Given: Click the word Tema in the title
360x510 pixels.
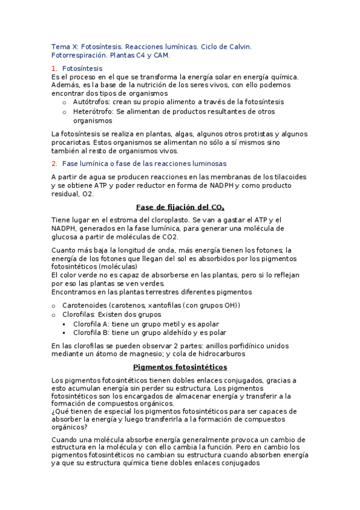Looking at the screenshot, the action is click(x=61, y=46).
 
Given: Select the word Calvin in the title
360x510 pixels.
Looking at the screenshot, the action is click(x=239, y=46).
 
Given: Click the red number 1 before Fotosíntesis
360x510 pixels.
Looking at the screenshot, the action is click(x=54, y=69).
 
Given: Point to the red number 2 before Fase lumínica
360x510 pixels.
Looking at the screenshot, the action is click(x=54, y=163).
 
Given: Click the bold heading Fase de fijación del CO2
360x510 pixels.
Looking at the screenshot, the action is click(x=180, y=207).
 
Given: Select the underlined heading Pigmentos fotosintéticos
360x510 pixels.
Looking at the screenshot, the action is click(x=180, y=366).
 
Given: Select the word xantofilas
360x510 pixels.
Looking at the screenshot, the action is click(x=165, y=306).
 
